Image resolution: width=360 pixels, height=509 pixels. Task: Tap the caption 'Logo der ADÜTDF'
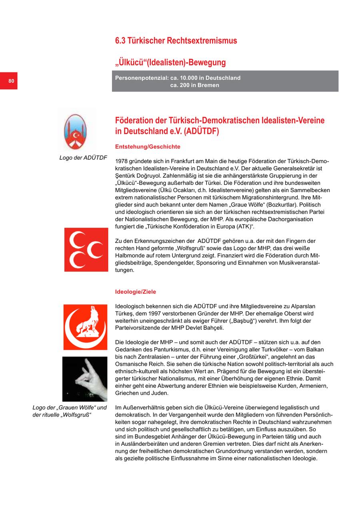(x=83, y=158)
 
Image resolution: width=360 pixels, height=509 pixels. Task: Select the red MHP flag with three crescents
(x=86, y=250)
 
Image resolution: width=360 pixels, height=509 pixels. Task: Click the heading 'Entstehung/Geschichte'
(x=148, y=147)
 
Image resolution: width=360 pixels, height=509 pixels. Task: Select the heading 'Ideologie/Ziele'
(x=136, y=292)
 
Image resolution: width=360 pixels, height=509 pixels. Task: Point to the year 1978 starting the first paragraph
(x=122, y=162)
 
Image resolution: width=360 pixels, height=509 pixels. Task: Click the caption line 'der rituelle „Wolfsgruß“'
(x=62, y=415)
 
